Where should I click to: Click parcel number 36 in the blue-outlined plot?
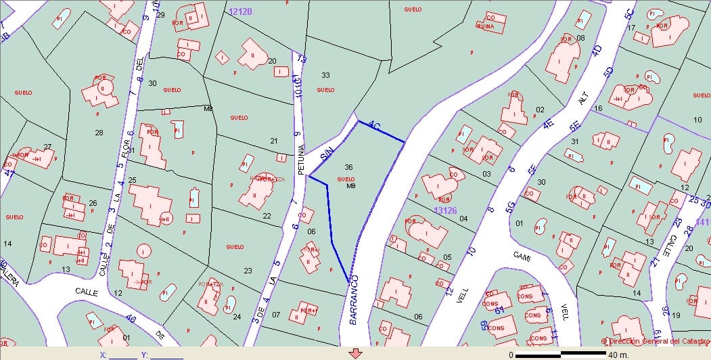click(x=348, y=167)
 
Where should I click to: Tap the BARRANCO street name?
click(x=355, y=300)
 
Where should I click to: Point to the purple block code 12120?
click(x=240, y=12)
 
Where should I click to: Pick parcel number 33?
click(x=325, y=75)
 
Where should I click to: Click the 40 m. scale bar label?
click(x=618, y=354)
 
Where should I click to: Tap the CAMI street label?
click(x=522, y=258)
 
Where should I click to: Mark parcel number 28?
click(x=99, y=133)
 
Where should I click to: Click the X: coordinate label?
click(x=103, y=354)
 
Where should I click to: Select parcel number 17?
click(x=631, y=28)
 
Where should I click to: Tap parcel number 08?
click(x=580, y=38)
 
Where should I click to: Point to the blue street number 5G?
click(x=509, y=205)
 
